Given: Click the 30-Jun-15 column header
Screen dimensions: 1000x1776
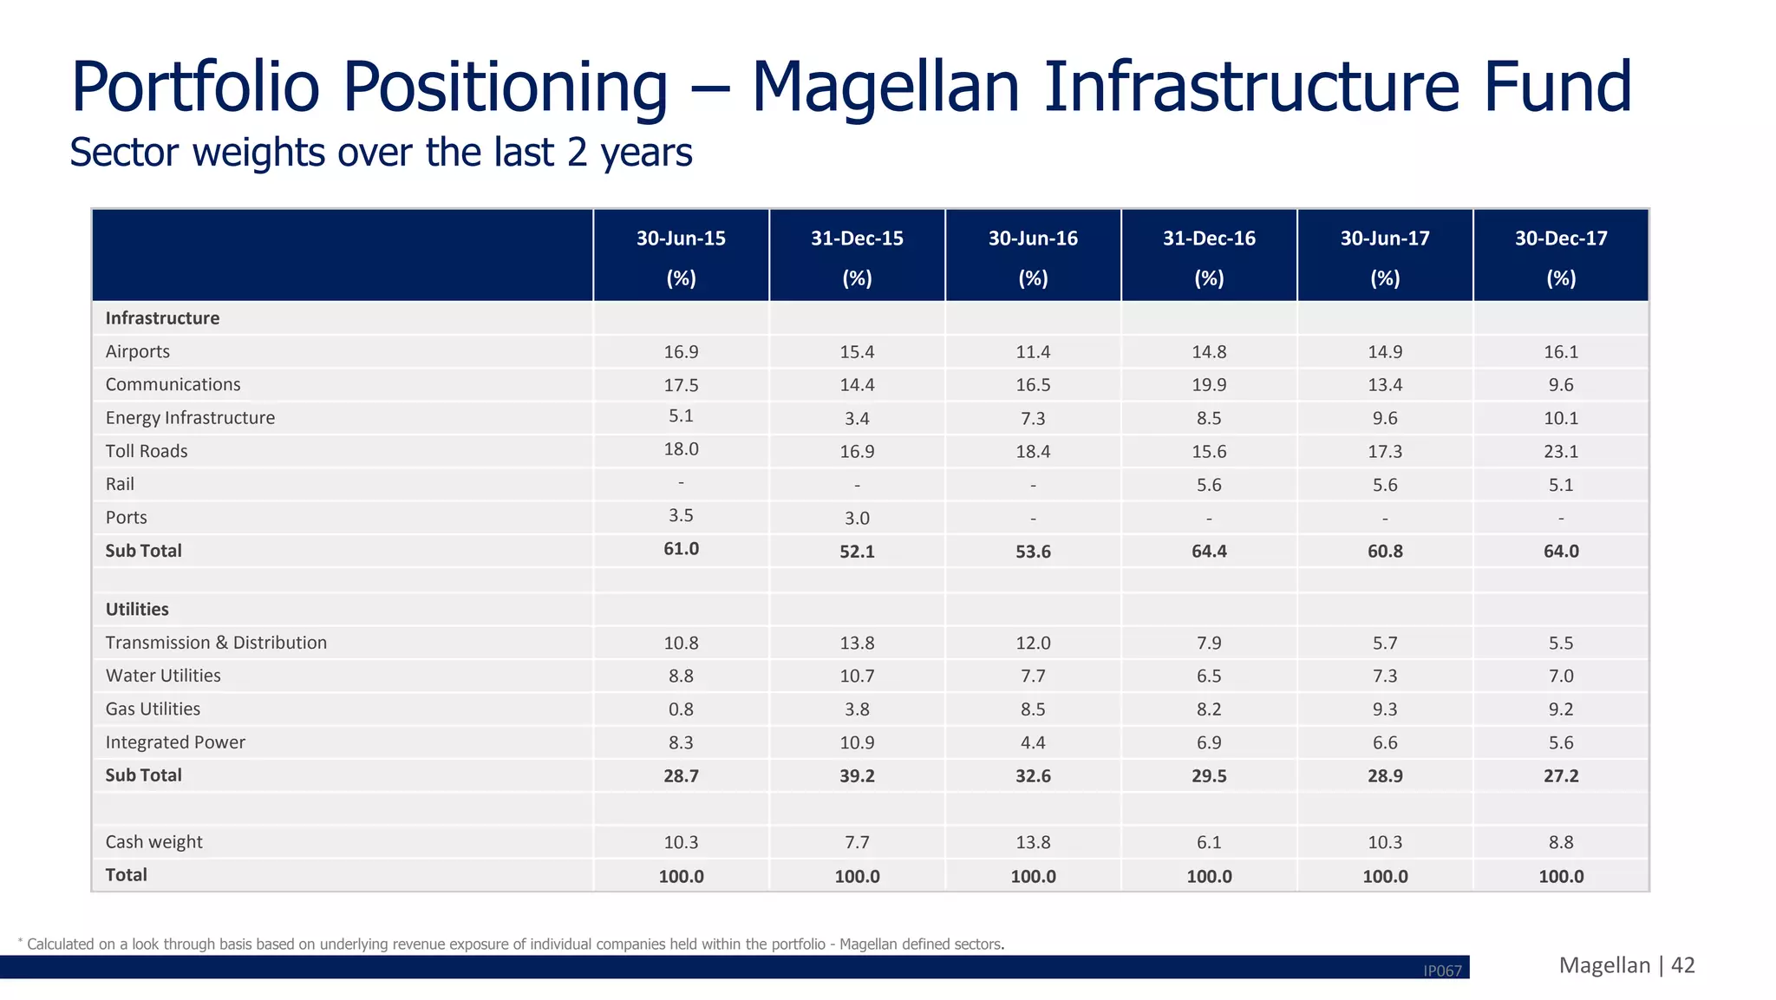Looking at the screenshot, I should pyautogui.click(x=681, y=239).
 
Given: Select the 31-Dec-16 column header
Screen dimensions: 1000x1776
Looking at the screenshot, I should pyautogui.click(x=1209, y=239).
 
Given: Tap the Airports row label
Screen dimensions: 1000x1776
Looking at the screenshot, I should pyautogui.click(x=138, y=351).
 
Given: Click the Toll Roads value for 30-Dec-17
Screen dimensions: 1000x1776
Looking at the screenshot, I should pyautogui.click(x=1561, y=451).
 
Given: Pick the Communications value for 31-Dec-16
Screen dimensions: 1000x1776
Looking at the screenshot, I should pyautogui.click(x=1209, y=384).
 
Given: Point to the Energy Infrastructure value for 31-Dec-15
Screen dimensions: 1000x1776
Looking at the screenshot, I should pyautogui.click(x=857, y=418).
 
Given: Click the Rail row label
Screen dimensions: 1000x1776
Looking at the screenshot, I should pyautogui.click(x=120, y=484).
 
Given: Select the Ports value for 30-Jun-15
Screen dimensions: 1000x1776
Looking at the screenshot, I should pyautogui.click(x=681, y=515).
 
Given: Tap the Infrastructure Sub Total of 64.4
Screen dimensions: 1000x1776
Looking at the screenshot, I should pyautogui.click(x=1209, y=551).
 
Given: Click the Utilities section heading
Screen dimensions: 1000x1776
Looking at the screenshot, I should pyautogui.click(x=137, y=609).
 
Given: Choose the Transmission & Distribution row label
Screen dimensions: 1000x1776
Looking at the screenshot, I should pyautogui.click(x=216, y=643).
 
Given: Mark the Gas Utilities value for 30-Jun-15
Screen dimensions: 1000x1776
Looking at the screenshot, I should pyautogui.click(x=681, y=709).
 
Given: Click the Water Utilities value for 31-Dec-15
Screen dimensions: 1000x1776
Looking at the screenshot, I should pyautogui.click(x=857, y=676).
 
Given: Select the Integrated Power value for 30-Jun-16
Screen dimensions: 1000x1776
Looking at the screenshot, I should pyautogui.click(x=1033, y=742).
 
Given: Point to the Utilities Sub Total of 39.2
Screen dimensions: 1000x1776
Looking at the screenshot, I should pyautogui.click(x=857, y=775).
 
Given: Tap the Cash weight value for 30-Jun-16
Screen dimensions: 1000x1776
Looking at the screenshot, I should pyautogui.click(x=1033, y=842).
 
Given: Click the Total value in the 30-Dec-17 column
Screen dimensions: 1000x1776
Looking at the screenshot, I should pyautogui.click(x=1561, y=876).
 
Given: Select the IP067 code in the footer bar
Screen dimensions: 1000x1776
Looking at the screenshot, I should pyautogui.click(x=1442, y=971).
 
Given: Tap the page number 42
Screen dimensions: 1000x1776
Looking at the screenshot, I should pyautogui.click(x=1682, y=965).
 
